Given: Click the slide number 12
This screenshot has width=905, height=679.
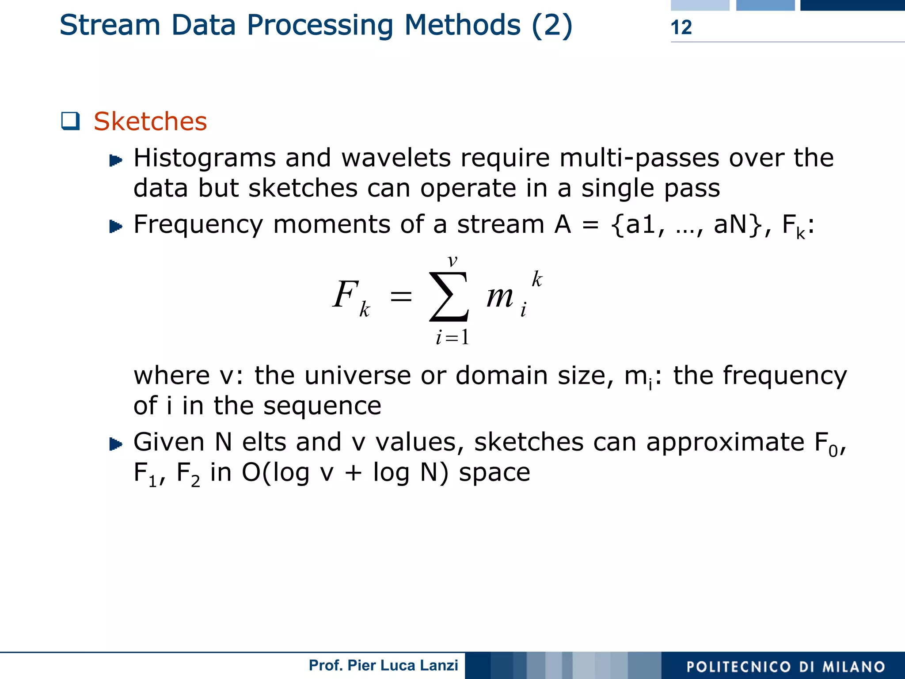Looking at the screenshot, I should coord(681,27).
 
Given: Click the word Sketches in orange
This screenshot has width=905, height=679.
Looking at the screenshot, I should coord(150,121).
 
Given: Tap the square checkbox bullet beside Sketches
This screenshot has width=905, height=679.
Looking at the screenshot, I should coord(70,121).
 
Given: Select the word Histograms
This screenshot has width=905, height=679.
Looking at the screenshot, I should coord(205,158).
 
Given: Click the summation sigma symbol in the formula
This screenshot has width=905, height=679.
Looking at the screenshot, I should coord(449,296).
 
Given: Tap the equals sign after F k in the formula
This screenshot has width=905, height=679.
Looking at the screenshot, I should coord(401,296).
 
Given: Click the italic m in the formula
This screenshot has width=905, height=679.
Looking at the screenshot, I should coord(499,296).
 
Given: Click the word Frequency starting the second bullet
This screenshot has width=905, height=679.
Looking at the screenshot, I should coord(198,224).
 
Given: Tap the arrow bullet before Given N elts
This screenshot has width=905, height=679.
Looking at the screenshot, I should coord(115,444).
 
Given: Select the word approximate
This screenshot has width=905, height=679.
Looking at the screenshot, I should coord(725,442).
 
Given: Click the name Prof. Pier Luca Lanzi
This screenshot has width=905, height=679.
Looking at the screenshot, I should coord(383,665).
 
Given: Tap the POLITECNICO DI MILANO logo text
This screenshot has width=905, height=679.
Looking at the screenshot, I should coord(786,667).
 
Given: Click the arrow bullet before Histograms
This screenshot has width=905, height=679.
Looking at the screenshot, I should coord(115,160).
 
